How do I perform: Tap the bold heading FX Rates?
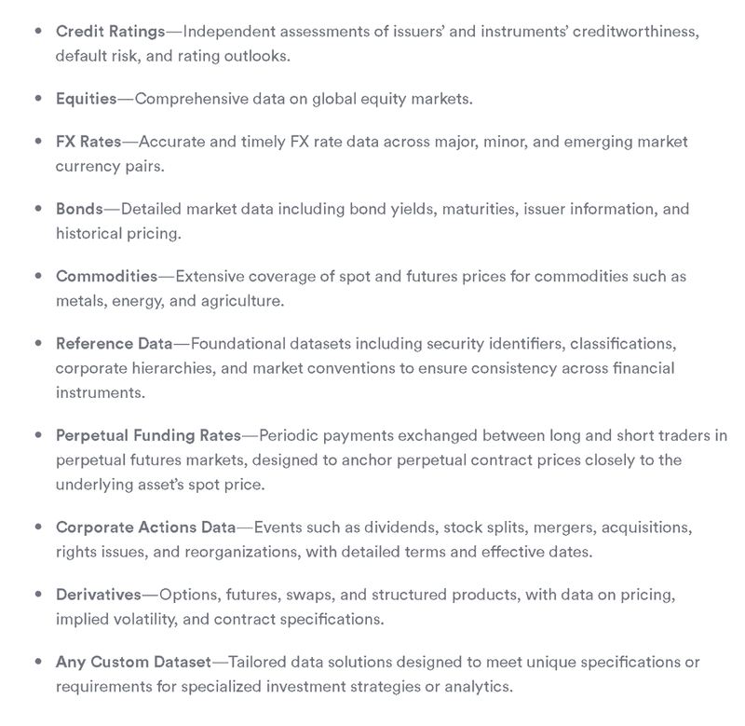(89, 142)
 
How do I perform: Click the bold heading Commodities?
(107, 276)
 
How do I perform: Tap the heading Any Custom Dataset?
(134, 663)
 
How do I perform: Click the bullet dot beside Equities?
(37, 98)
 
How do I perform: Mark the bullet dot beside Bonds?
(37, 209)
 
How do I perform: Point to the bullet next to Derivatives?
(37, 595)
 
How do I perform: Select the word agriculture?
(239, 301)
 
